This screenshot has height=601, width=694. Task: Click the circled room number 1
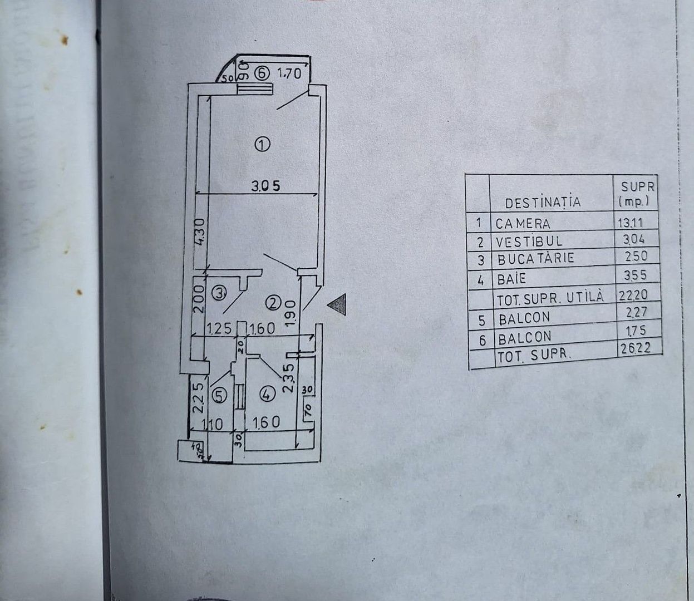pos(262,145)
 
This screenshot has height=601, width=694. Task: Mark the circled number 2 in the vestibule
pos(273,303)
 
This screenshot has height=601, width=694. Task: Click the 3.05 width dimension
pos(265,187)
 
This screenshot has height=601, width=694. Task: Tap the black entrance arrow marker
pos(337,304)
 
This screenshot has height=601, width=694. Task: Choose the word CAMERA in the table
pos(523,224)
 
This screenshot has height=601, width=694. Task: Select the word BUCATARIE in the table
pos(535,259)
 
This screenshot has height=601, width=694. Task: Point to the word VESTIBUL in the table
pos(529,242)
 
